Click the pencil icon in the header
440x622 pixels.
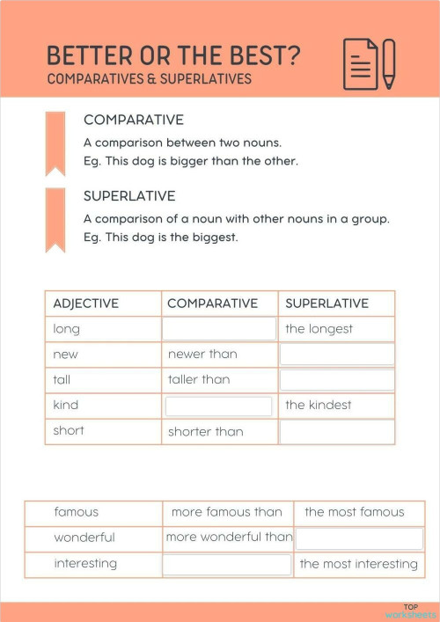(389, 63)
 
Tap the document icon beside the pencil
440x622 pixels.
(361, 63)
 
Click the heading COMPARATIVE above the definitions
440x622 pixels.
(134, 120)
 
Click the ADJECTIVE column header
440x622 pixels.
(86, 304)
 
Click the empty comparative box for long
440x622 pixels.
(219, 329)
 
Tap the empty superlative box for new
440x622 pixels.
(337, 355)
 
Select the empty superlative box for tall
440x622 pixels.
(337, 380)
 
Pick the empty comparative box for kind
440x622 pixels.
(219, 406)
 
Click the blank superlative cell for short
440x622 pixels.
(337, 432)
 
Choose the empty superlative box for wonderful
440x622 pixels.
(359, 538)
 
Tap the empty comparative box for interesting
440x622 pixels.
(227, 564)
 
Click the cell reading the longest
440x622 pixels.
(319, 329)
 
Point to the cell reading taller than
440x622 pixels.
(199, 380)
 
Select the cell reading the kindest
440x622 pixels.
(319, 406)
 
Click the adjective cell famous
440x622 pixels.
(77, 512)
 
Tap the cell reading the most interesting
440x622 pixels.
(358, 564)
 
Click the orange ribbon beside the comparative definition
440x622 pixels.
(55, 142)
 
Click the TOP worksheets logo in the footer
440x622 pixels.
(410, 611)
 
